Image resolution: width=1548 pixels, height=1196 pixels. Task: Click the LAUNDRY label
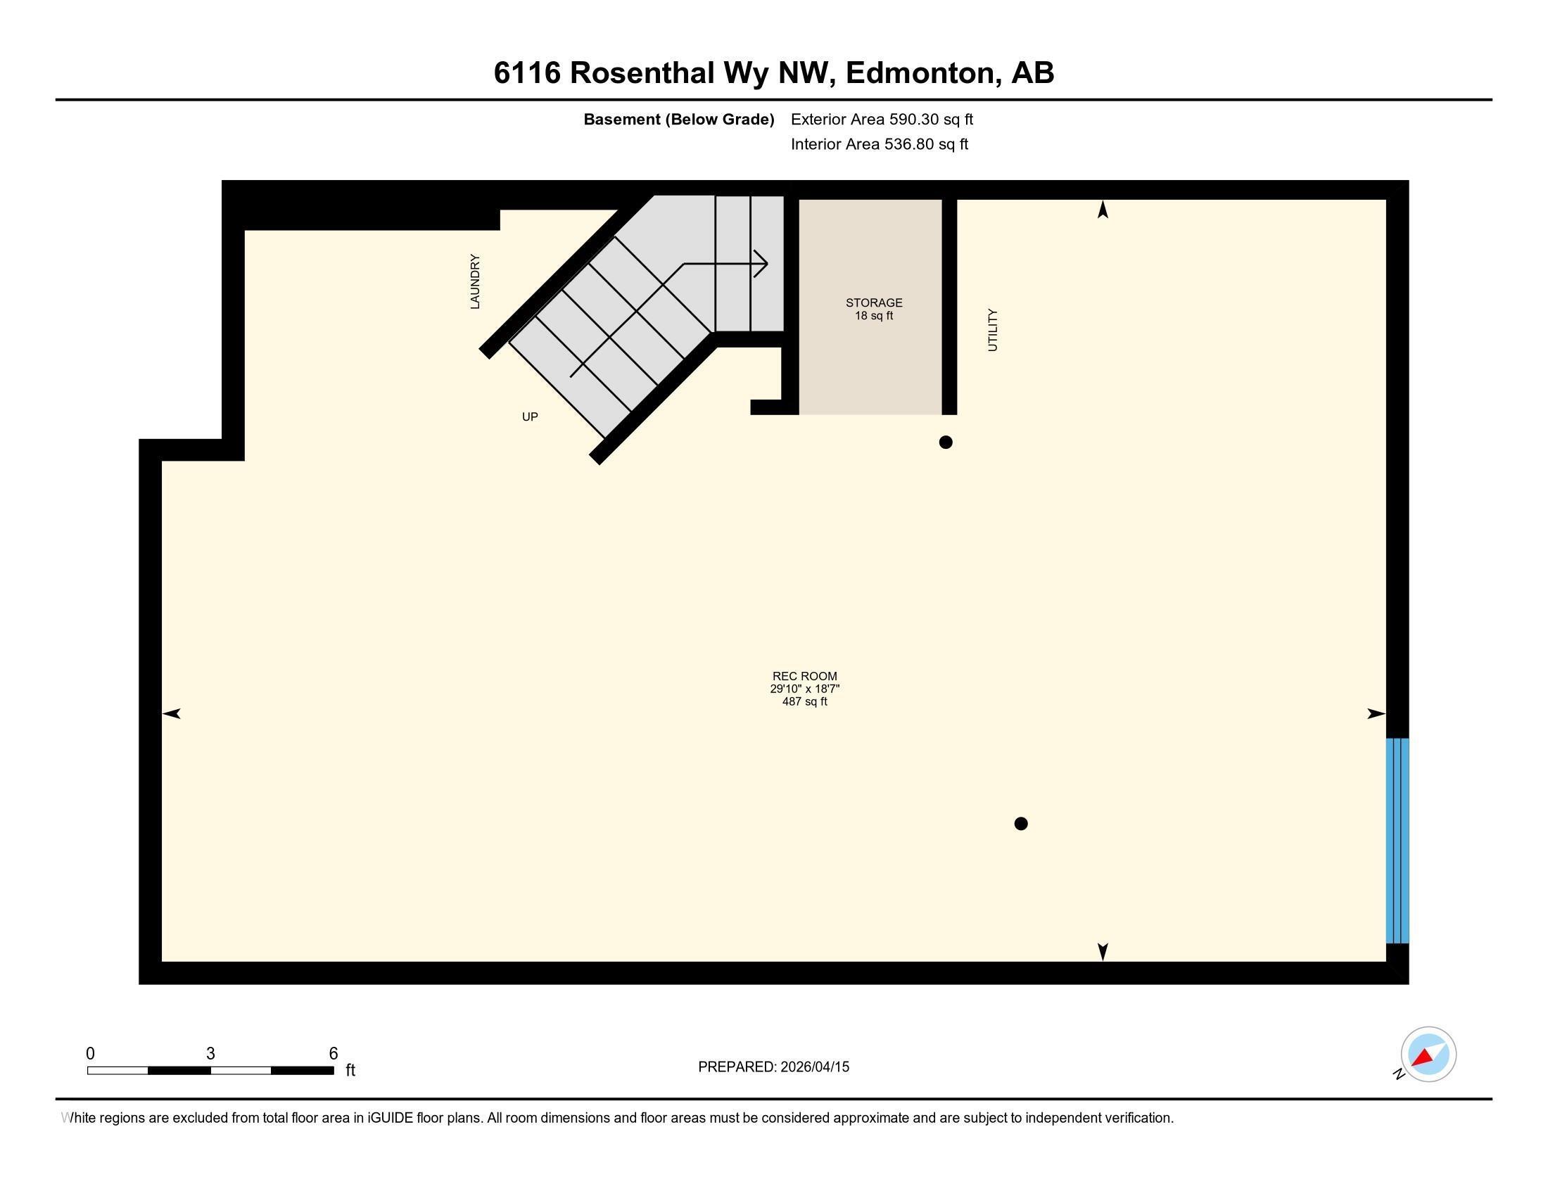tap(475, 281)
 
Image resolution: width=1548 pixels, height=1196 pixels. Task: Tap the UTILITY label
tap(992, 329)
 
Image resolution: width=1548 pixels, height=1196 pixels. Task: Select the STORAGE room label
tap(873, 303)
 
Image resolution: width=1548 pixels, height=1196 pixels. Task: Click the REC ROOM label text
tap(804, 676)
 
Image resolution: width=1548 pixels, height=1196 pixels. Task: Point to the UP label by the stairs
tap(529, 416)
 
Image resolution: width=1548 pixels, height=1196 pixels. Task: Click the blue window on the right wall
tap(1396, 840)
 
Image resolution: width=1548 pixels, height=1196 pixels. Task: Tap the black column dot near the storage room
tap(945, 442)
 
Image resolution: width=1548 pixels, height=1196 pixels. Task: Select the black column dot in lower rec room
tap(1021, 823)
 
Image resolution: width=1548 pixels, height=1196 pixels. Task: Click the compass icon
tap(1428, 1054)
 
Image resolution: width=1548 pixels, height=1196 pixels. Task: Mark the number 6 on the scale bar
tap(333, 1053)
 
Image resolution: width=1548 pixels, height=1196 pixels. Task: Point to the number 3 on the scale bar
tap(210, 1053)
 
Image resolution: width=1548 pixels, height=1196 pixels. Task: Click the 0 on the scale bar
tap(90, 1053)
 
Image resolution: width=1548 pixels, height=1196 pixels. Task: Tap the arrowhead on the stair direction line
tap(763, 264)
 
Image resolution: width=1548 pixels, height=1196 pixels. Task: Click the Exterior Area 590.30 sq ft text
tap(882, 119)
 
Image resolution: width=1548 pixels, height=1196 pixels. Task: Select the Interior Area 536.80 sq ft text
tap(879, 144)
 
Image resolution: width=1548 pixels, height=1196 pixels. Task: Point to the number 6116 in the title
tap(526, 73)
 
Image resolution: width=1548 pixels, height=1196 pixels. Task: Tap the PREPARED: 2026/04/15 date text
tap(773, 1067)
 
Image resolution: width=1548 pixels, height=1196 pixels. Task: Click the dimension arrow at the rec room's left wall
tap(172, 713)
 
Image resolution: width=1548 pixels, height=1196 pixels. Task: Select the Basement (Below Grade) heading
tap(678, 119)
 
